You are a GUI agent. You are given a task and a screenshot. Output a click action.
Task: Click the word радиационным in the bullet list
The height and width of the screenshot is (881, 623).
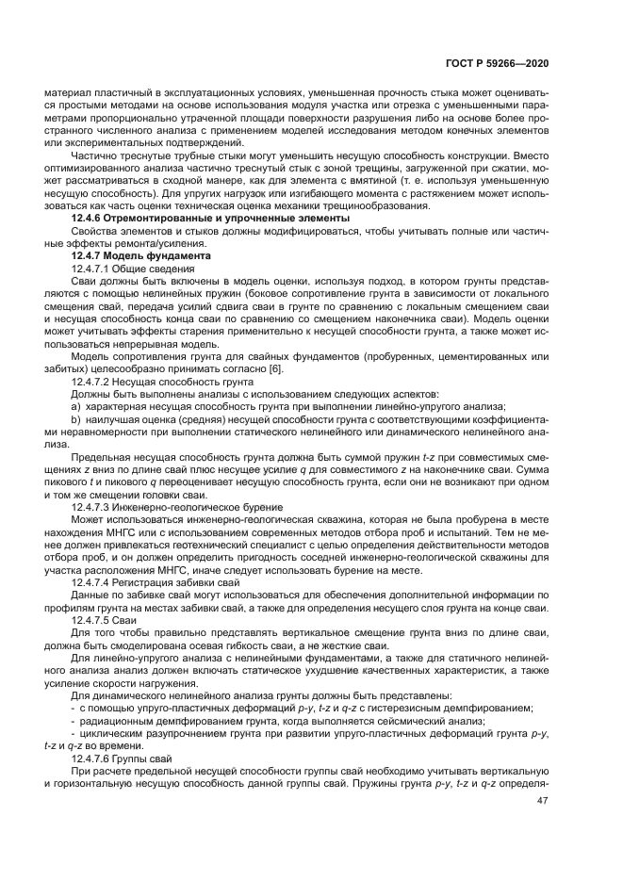point(116,722)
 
